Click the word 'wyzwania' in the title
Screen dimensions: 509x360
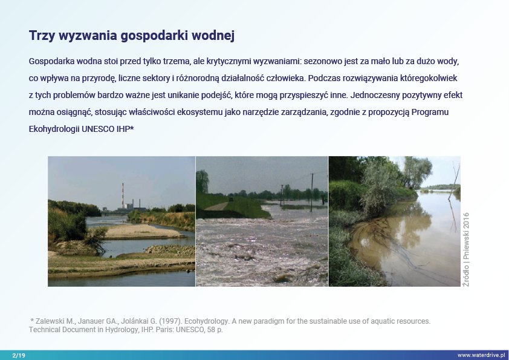click(88, 36)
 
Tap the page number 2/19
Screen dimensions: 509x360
click(19, 355)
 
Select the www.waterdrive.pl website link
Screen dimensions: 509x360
click(481, 355)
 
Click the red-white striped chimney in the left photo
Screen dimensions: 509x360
click(123, 195)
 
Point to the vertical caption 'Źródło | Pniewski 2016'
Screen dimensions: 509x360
click(466, 249)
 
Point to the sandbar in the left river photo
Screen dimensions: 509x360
click(140, 231)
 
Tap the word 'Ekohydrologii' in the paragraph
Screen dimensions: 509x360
click(54, 129)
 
